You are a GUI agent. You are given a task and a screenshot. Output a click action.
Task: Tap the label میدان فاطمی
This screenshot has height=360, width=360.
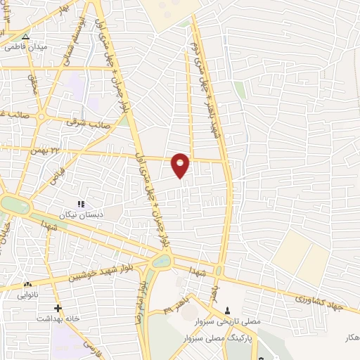click(x=24, y=47)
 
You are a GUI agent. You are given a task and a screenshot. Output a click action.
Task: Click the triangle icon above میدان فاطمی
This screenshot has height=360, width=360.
click(x=26, y=37)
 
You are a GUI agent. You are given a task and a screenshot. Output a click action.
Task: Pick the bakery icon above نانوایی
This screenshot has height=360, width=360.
click(x=28, y=284)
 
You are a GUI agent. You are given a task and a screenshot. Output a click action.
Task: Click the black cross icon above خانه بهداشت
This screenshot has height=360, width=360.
click(x=58, y=308)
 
